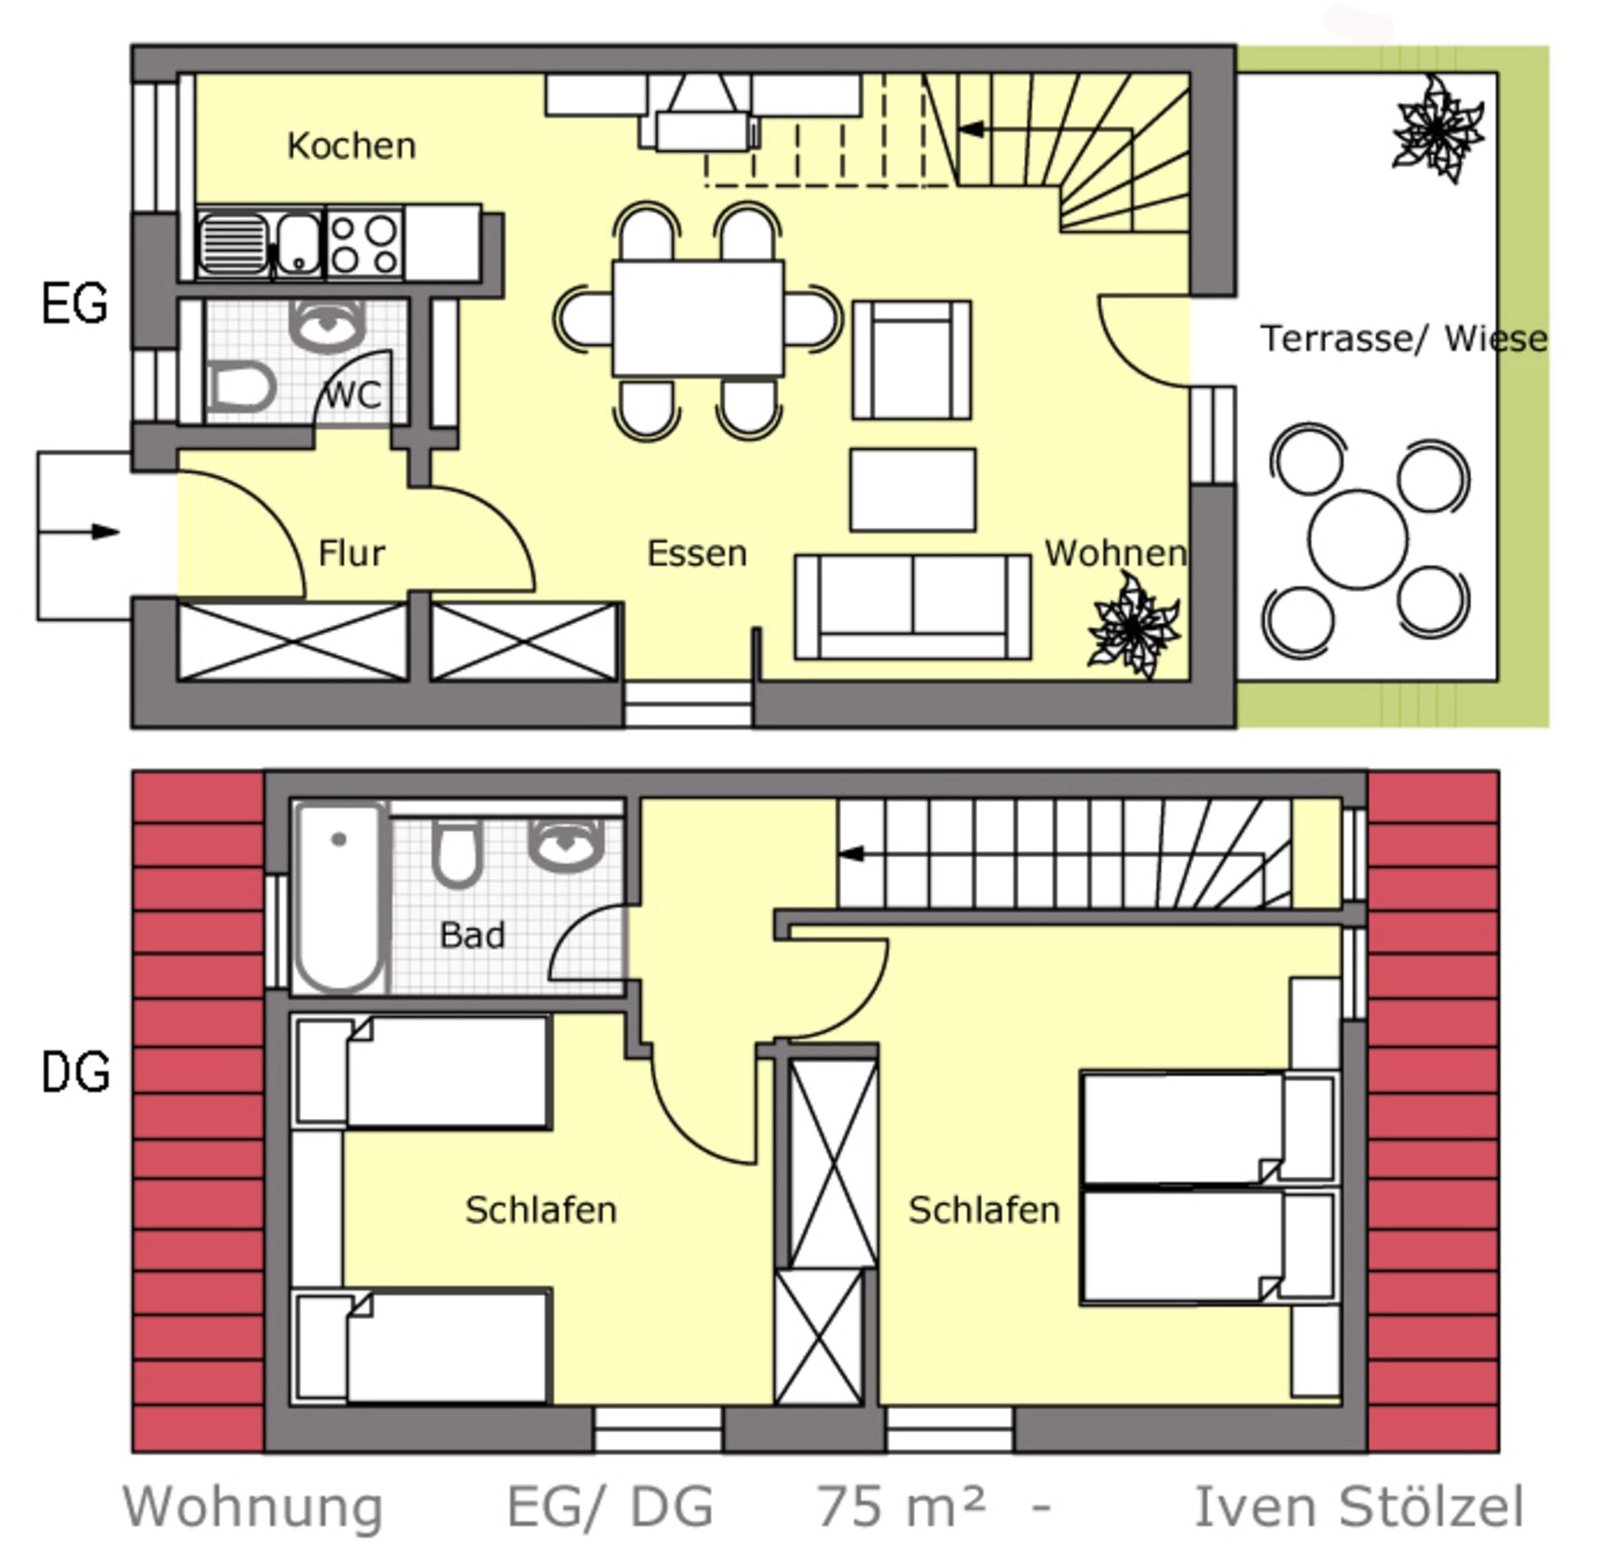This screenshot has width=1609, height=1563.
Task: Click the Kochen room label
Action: pyautogui.click(x=352, y=146)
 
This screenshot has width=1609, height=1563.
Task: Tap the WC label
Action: pyautogui.click(x=353, y=396)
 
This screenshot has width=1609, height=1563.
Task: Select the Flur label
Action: pyautogui.click(x=352, y=553)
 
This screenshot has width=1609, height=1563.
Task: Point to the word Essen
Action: pyautogui.click(x=697, y=553)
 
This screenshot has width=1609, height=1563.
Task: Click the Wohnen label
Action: pyautogui.click(x=1116, y=553)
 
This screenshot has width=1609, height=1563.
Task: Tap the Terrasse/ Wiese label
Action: pyautogui.click(x=1404, y=338)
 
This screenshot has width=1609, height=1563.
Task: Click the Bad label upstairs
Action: pyautogui.click(x=472, y=935)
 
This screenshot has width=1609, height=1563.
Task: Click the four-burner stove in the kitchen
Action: pyautogui.click(x=364, y=244)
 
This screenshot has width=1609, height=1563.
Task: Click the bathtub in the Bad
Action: pyautogui.click(x=340, y=897)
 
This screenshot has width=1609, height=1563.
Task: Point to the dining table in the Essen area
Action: pyautogui.click(x=698, y=319)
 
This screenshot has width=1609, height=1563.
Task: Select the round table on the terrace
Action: pyautogui.click(x=1358, y=539)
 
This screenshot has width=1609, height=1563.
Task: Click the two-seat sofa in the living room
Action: pyautogui.click(x=913, y=607)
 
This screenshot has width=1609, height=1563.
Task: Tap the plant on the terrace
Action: pyautogui.click(x=1438, y=130)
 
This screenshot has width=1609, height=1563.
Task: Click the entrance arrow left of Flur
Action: pyautogui.click(x=80, y=532)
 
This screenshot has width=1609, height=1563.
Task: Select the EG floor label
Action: pyautogui.click(x=74, y=303)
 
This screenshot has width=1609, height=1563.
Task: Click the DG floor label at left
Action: pyautogui.click(x=76, y=1072)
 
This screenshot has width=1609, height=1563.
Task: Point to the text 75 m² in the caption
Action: pyautogui.click(x=899, y=1507)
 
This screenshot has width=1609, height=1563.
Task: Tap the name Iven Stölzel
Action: pyautogui.click(x=1359, y=1507)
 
